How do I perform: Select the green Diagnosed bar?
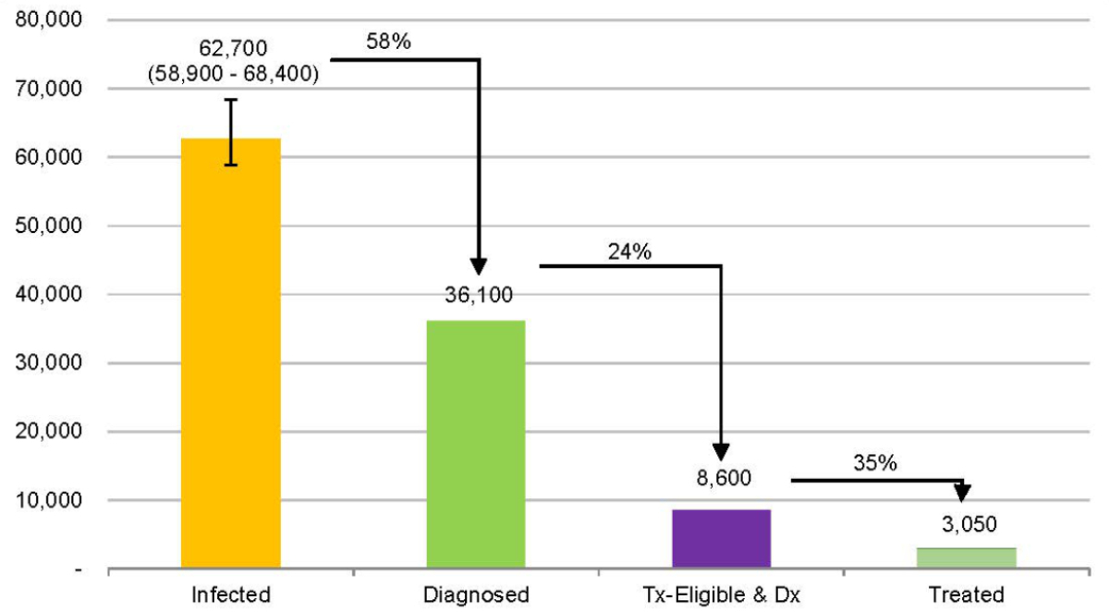pyautogui.click(x=476, y=444)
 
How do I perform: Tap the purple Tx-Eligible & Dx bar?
pyautogui.click(x=721, y=538)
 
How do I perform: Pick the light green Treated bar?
pyautogui.click(x=967, y=557)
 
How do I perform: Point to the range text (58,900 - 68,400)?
pyautogui.click(x=234, y=73)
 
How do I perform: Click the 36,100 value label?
pyautogui.click(x=477, y=296)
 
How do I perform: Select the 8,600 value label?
pyautogui.click(x=722, y=478)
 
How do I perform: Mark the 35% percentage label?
pyautogui.click(x=875, y=463)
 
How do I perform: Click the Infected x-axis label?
pyautogui.click(x=231, y=594)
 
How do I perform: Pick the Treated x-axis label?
pyautogui.click(x=967, y=594)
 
